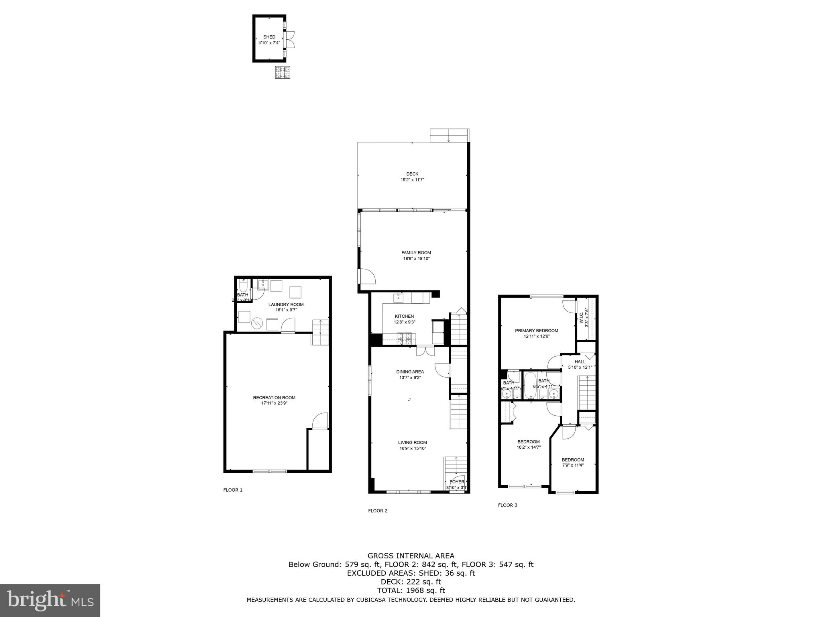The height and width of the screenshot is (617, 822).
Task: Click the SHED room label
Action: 269,37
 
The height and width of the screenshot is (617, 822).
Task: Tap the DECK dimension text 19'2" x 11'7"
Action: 412,180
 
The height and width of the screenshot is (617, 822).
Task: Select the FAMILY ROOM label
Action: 416,253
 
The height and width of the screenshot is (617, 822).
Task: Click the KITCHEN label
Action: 404,316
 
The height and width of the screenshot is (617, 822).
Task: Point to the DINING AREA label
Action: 410,372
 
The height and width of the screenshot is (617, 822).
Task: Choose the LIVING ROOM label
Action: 412,442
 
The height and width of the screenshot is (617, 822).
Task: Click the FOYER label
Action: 457,482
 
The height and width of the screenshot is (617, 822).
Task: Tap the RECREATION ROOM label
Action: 274,398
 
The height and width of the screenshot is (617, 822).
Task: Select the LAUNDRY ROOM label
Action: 286,304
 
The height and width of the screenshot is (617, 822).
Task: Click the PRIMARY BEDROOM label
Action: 536,331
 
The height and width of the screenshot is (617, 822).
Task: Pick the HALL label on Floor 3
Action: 580,362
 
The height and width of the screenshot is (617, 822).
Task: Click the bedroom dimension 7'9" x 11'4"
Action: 573,465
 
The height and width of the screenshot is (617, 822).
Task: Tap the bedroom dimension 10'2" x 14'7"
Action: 528,447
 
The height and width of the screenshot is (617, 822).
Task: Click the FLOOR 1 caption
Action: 233,490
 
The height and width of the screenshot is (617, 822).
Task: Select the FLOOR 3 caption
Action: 507,505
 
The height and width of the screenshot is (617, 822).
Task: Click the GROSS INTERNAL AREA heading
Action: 411,556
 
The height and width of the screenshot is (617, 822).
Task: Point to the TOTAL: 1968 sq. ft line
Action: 411,590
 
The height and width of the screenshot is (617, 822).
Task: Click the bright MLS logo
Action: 50,601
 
